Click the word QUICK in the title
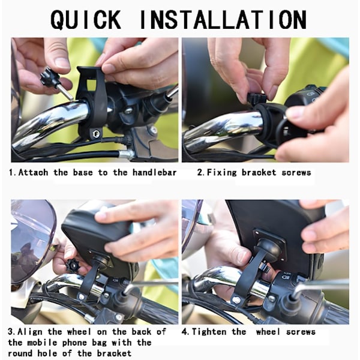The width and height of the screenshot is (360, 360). click(86, 20)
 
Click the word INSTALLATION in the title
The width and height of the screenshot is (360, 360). click(223, 20)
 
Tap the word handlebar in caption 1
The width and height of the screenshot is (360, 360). click(155, 172)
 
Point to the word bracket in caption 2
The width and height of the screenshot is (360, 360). click(259, 172)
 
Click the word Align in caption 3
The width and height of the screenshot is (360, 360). click(30, 332)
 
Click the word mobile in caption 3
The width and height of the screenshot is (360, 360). click(42, 343)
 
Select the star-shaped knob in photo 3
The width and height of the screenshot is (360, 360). click(73, 266)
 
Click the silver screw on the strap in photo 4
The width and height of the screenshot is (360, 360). click(236, 299)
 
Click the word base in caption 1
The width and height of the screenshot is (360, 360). click(83, 172)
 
